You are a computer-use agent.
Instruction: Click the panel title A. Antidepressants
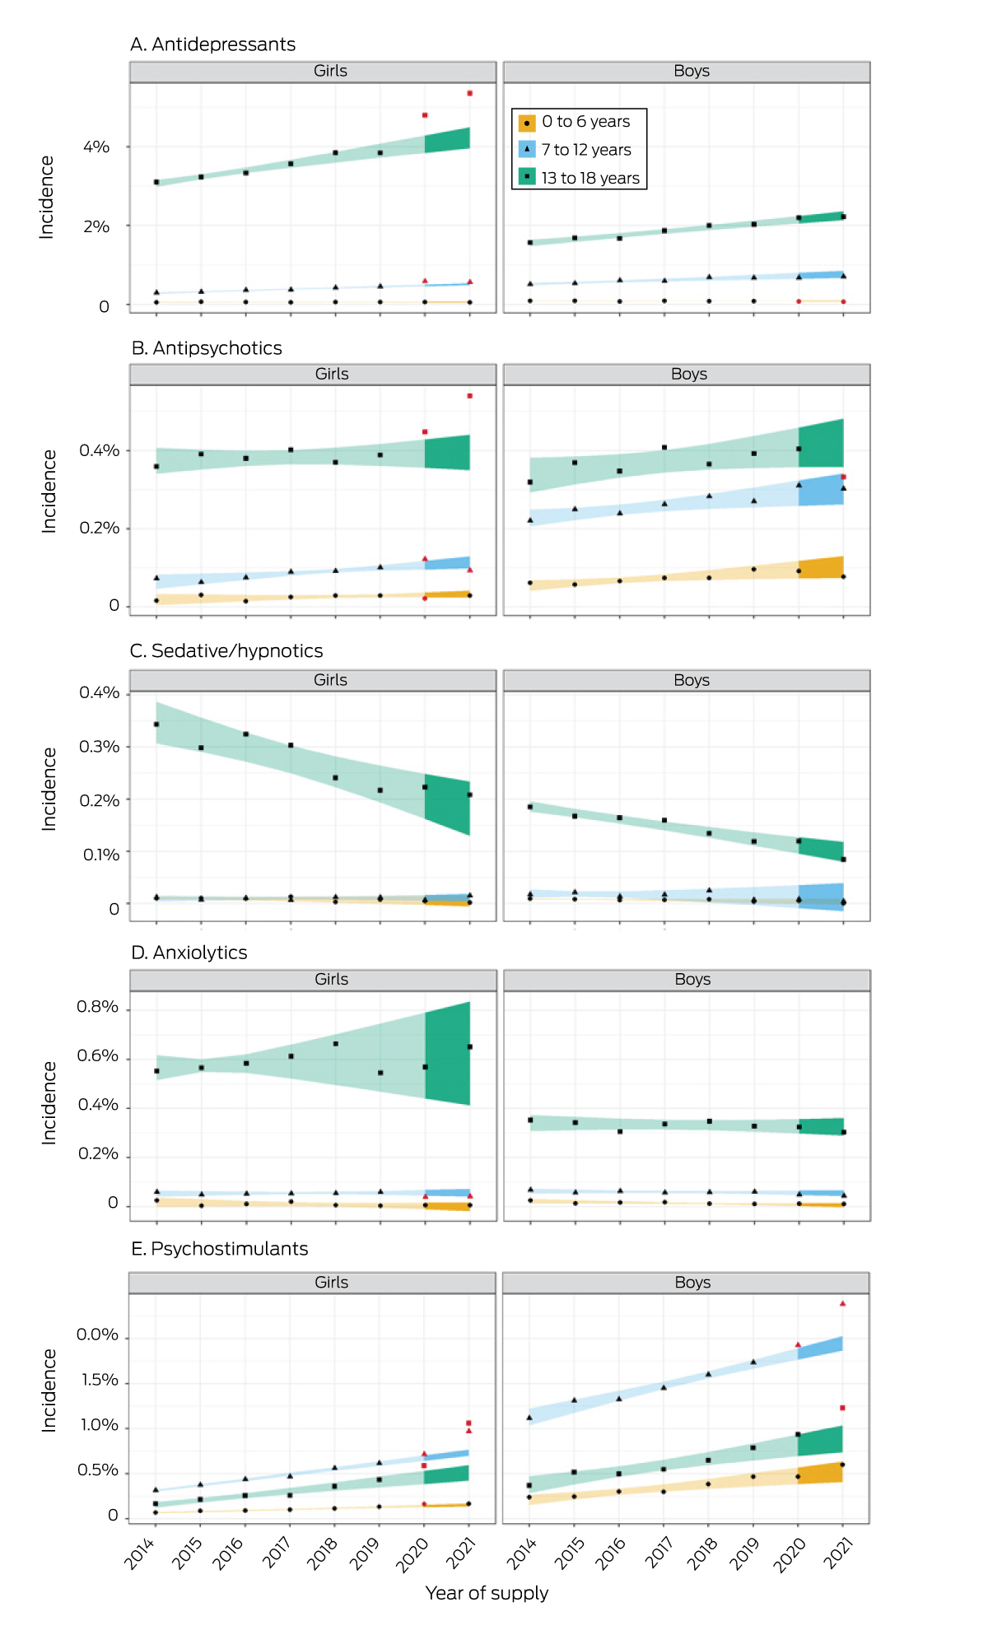212,44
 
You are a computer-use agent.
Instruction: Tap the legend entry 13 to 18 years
580,178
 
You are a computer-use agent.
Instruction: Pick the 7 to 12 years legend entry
576,150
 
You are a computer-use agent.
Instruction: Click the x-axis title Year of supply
487,1593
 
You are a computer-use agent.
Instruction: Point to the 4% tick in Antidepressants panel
96,147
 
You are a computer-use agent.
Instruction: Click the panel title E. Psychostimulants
219,1249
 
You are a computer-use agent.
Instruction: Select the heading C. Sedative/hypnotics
226,651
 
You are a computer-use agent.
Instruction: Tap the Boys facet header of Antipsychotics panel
688,375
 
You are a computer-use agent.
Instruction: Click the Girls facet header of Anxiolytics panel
331,980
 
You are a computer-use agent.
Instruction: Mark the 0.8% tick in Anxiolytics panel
98,1008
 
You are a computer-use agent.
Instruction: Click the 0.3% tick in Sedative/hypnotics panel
100,747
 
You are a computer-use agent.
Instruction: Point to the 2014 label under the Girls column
140,1553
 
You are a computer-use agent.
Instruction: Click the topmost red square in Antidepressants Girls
469,93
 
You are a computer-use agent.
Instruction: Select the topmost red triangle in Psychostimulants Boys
842,1303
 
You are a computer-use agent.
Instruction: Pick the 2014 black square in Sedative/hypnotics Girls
156,724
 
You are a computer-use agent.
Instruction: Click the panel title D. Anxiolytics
189,953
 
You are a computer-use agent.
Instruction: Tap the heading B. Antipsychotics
207,348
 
